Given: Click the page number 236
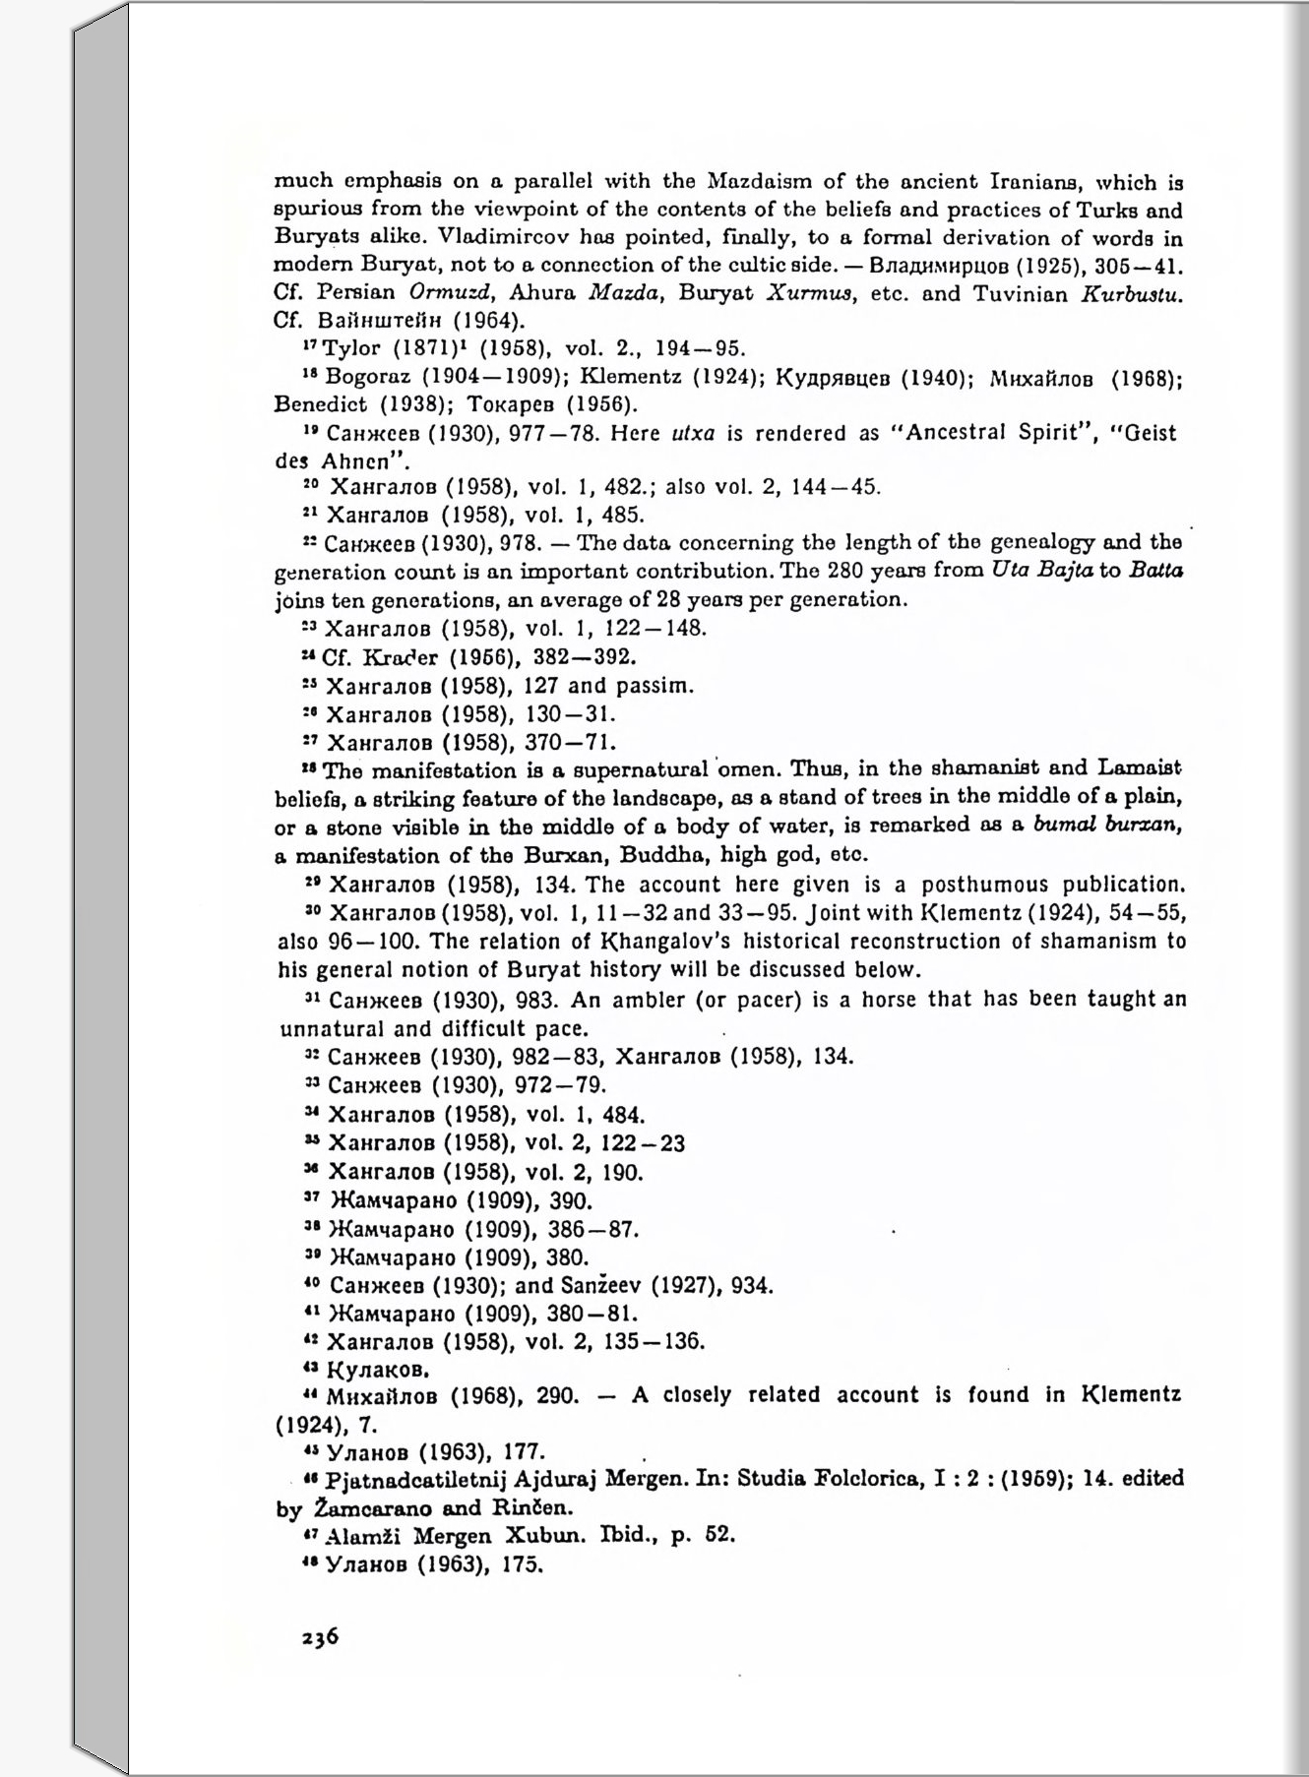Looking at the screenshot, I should (x=320, y=1636).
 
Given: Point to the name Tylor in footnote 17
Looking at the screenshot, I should (x=351, y=348).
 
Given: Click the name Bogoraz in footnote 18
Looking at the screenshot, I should (x=361, y=377).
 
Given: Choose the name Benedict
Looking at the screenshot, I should (x=320, y=404).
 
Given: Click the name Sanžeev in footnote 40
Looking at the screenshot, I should (x=602, y=1286).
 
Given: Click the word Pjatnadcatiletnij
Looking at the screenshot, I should (x=416, y=1479).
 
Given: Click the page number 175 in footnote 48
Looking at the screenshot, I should (x=522, y=1564).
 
